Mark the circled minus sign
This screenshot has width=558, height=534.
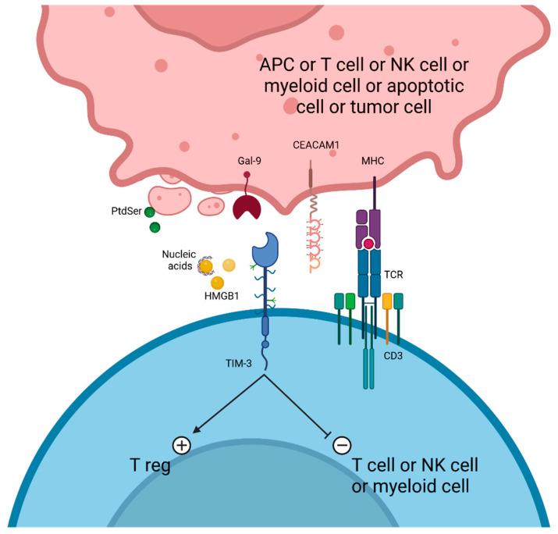pyautogui.click(x=341, y=445)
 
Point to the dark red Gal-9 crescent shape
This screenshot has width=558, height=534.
pyautogui.click(x=250, y=208)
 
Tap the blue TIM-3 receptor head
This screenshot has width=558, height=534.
pyautogui.click(x=267, y=248)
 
